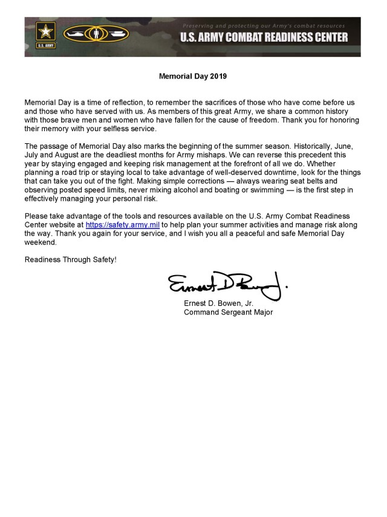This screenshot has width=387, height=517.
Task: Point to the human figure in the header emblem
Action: [96, 34]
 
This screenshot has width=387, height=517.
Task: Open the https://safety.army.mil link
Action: [123, 225]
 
